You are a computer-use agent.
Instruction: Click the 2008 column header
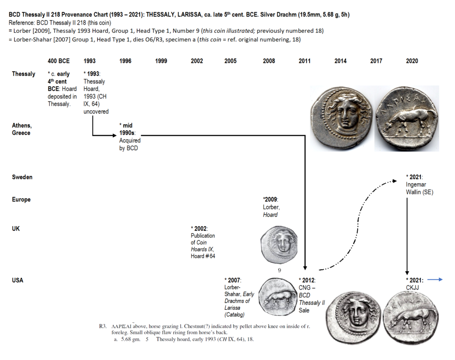point(269,61)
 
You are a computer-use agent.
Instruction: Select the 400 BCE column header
point(59,61)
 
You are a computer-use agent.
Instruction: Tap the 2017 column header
point(376,61)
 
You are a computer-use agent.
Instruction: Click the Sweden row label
point(22,177)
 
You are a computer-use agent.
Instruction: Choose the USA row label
point(18,280)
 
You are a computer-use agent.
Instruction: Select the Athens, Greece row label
point(22,129)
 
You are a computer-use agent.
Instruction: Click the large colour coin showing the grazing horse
point(406,119)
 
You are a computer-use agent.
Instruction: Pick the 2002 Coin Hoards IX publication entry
point(203,242)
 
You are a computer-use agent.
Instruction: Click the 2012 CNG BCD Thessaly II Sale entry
point(311,295)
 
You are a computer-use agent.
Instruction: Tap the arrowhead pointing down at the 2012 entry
point(305,268)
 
